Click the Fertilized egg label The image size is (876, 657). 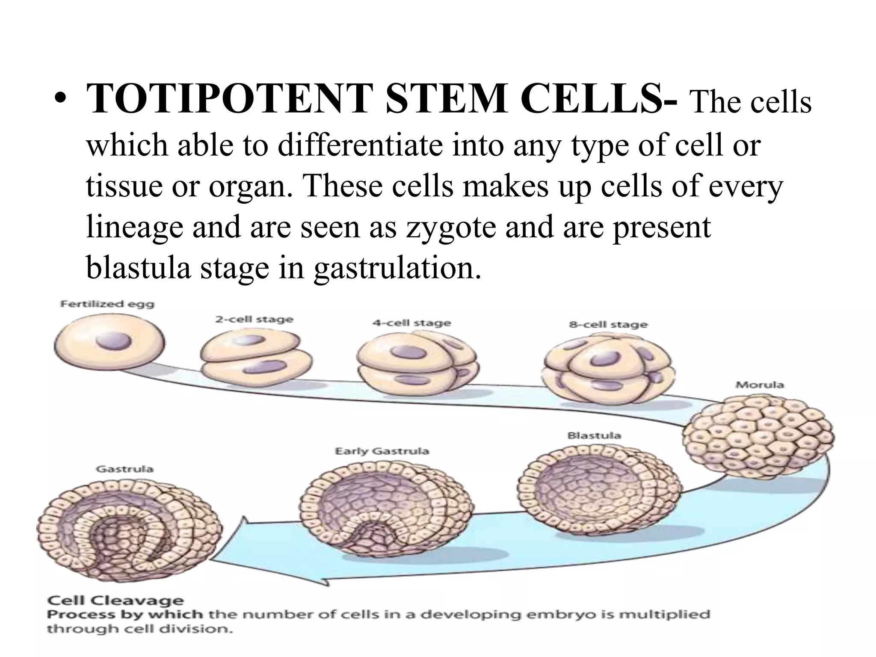click(x=107, y=305)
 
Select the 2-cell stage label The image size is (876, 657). click(x=254, y=320)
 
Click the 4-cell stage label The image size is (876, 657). click(x=411, y=323)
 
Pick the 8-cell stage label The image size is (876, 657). click(x=608, y=325)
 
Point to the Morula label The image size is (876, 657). click(x=759, y=385)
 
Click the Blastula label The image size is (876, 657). click(x=594, y=435)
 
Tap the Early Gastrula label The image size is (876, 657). click(x=382, y=451)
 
